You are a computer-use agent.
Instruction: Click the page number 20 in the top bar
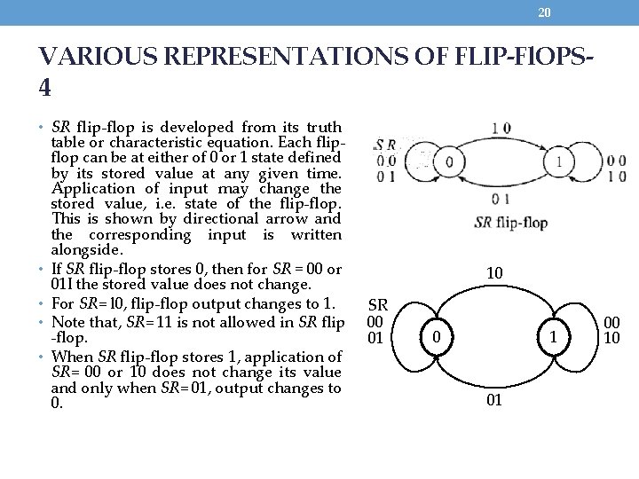(545, 12)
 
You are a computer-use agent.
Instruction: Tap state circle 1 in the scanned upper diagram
(560, 162)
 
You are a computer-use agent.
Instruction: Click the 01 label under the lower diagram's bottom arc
(495, 401)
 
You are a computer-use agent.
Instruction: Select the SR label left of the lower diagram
(377, 306)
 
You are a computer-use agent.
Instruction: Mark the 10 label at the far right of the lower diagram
(613, 339)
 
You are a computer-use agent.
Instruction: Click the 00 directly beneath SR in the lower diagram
(377, 322)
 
